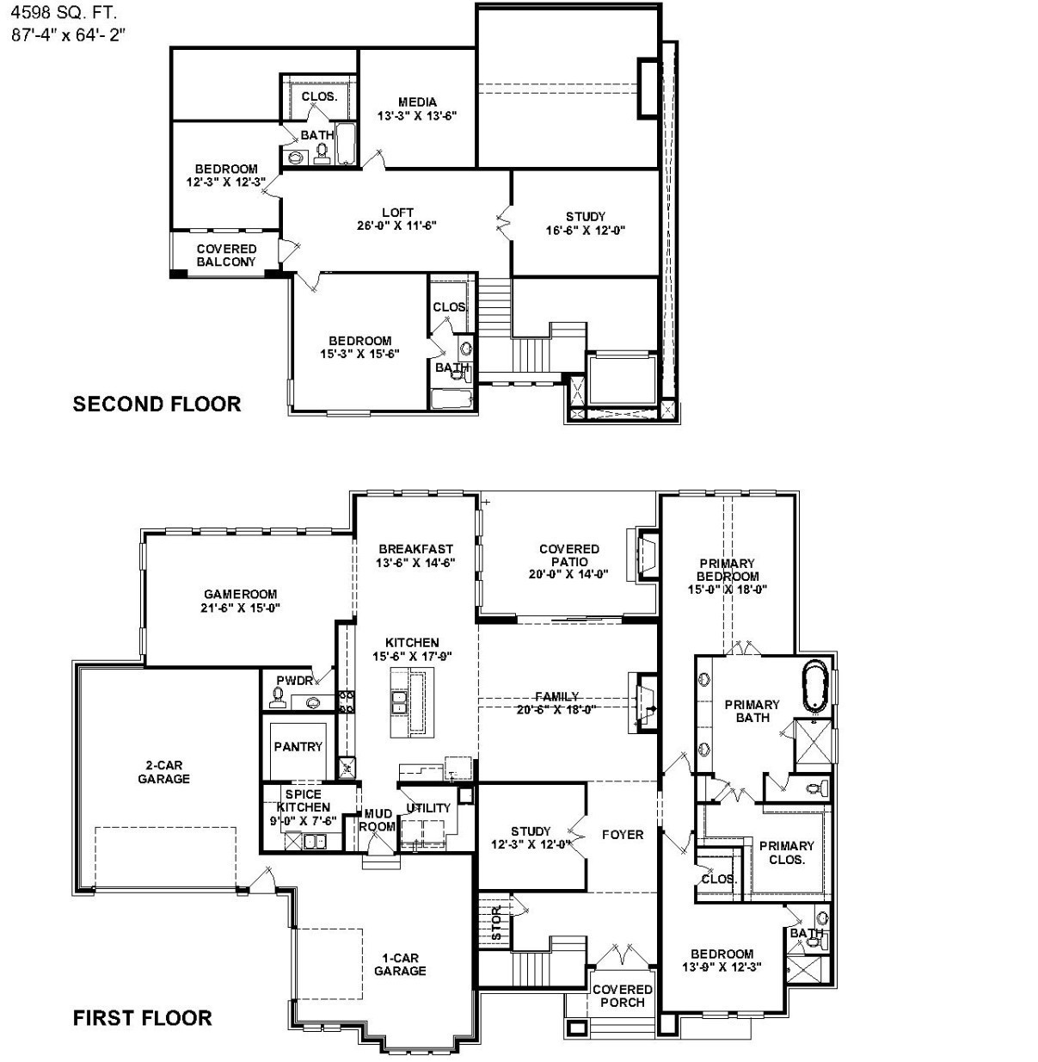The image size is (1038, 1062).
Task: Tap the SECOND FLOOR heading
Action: click(157, 404)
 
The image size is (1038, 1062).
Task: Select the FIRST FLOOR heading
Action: click(142, 1018)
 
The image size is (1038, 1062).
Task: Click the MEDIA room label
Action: click(417, 102)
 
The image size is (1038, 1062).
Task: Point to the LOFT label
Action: click(397, 213)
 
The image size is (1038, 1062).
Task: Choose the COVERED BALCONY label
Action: click(226, 256)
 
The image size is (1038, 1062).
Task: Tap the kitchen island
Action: click(408, 701)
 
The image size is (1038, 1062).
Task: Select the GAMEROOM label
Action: click(240, 594)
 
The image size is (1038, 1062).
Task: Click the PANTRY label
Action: click(298, 747)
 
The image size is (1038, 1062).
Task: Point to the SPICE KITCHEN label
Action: click(303, 801)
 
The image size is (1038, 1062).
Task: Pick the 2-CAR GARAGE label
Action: click(163, 772)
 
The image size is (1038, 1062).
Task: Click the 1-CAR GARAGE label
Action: click(400, 964)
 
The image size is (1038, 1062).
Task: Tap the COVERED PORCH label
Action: click(622, 996)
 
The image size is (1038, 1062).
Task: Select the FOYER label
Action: click(622, 835)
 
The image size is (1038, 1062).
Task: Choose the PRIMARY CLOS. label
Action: click(786, 852)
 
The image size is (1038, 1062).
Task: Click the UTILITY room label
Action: click(428, 808)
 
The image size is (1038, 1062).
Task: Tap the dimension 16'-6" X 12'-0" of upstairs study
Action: click(585, 231)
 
